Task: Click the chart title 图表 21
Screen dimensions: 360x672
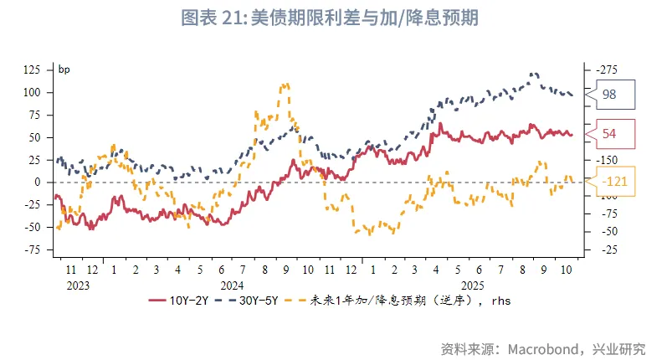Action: pos(336,18)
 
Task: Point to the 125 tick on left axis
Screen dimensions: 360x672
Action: pos(33,69)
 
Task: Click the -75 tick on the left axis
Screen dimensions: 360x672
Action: pos(33,249)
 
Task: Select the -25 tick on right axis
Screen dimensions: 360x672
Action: pos(606,249)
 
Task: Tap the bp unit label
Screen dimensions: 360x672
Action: pos(64,69)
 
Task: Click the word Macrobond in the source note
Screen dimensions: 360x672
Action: pos(547,347)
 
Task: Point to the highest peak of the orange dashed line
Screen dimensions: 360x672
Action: pos(286,84)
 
